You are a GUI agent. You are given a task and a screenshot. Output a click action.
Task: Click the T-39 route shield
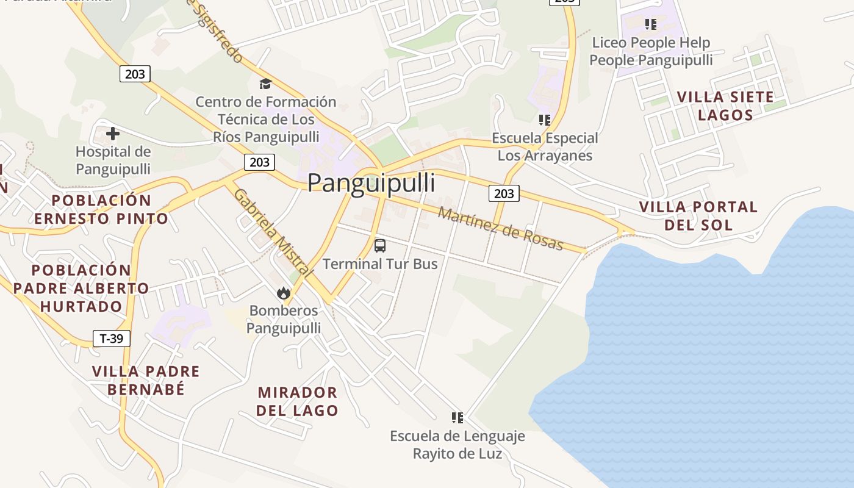click(111, 339)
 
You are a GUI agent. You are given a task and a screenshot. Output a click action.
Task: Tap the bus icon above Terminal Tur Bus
click(380, 246)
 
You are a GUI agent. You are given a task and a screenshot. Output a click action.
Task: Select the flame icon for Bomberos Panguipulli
click(284, 293)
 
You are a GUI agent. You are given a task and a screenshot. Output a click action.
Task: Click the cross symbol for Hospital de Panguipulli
click(113, 134)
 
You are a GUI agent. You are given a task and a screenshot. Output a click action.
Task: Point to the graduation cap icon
click(265, 84)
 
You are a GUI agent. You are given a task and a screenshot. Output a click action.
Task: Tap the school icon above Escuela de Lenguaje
click(457, 418)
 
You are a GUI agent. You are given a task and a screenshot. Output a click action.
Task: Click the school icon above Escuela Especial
click(545, 120)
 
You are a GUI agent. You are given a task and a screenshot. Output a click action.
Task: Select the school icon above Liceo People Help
click(651, 24)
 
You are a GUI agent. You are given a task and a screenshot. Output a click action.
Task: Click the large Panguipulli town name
click(371, 183)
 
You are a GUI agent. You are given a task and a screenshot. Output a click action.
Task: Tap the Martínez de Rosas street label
click(500, 229)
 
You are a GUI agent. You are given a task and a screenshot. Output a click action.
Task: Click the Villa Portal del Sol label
click(698, 216)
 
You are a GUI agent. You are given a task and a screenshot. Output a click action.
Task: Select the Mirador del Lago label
click(297, 401)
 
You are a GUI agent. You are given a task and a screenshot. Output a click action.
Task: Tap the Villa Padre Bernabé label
click(146, 380)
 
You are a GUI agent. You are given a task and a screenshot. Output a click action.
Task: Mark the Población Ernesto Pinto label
click(101, 209)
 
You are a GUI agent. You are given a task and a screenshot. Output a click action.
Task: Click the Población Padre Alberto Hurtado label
click(81, 288)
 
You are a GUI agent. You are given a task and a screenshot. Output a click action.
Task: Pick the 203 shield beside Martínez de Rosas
click(503, 193)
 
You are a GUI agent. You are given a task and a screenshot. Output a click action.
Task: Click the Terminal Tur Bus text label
click(380, 264)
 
